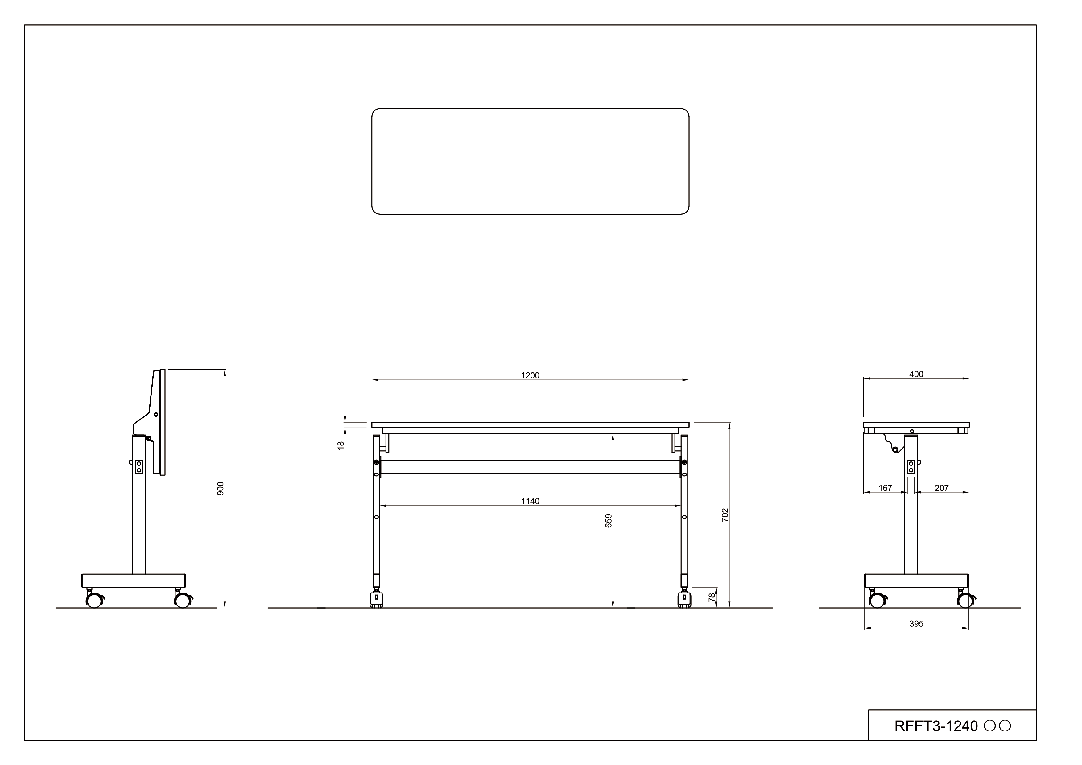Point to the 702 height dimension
point(725,515)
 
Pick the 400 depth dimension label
point(916,374)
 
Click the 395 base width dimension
point(916,624)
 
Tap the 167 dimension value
point(885,488)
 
